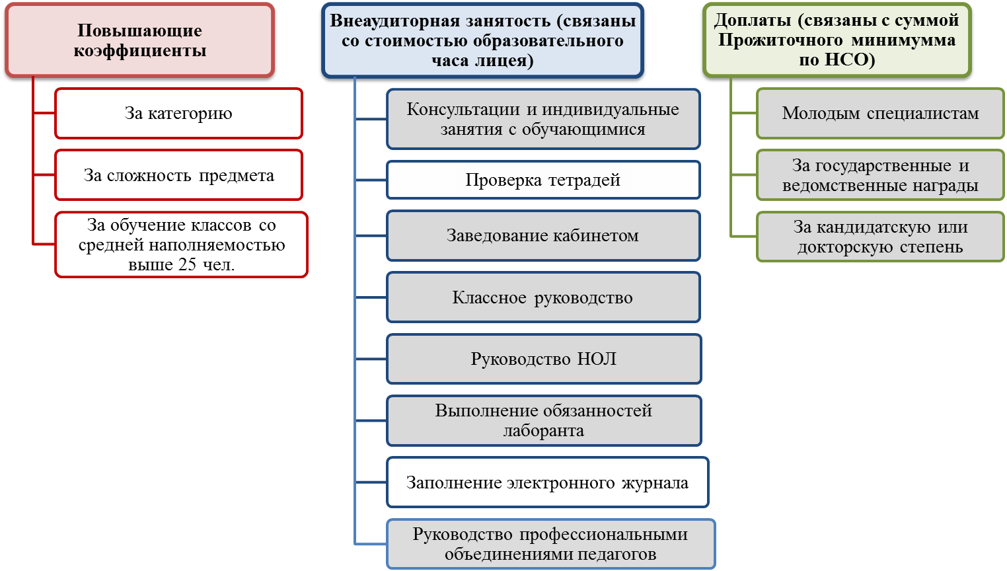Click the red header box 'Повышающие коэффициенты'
[139, 40]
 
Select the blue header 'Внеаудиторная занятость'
[482, 40]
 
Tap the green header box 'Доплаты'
[837, 40]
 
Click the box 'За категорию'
[178, 114]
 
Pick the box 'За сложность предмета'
[178, 175]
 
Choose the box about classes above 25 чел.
[181, 245]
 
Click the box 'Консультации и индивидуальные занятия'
[542, 119]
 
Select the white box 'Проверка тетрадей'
[542, 180]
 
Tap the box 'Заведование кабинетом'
[542, 235]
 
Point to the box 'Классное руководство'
[542, 297]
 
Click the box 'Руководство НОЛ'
[543, 359]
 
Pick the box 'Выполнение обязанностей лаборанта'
[543, 420]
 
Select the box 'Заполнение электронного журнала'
[547, 482]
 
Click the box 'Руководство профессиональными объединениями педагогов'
[550, 544]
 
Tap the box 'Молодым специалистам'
[880, 114]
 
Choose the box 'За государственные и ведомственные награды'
[880, 175]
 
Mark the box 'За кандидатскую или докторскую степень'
[880, 237]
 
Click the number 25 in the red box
[187, 265]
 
